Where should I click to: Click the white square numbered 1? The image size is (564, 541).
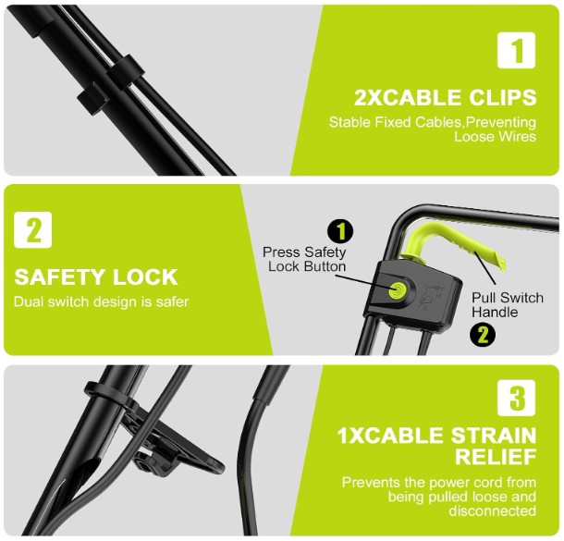pyautogui.click(x=516, y=50)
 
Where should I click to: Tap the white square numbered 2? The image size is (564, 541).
pyautogui.click(x=32, y=230)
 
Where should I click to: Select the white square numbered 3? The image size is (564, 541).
pyautogui.click(x=516, y=398)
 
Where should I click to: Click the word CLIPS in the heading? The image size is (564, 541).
pyautogui.click(x=502, y=97)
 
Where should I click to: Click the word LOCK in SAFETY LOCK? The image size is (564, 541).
pyautogui.click(x=145, y=277)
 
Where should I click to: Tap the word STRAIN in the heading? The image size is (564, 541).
pyautogui.click(x=494, y=436)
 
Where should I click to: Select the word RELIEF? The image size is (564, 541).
pyautogui.click(x=496, y=457)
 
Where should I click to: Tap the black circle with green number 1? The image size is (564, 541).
pyautogui.click(x=340, y=231)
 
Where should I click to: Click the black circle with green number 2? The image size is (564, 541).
pyautogui.click(x=483, y=335)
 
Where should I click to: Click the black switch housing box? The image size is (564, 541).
pyautogui.click(x=413, y=295)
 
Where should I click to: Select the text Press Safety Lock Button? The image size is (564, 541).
pyautogui.click(x=304, y=259)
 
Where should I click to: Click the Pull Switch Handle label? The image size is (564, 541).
pyautogui.click(x=508, y=304)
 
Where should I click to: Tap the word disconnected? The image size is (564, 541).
pyautogui.click(x=493, y=510)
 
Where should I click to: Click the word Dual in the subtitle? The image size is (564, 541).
pyautogui.click(x=29, y=301)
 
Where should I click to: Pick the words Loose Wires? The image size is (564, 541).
pyautogui.click(x=495, y=137)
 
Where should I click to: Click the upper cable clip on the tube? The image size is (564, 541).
pyautogui.click(x=126, y=68)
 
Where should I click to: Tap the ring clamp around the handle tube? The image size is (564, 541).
pyautogui.click(x=108, y=395)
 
